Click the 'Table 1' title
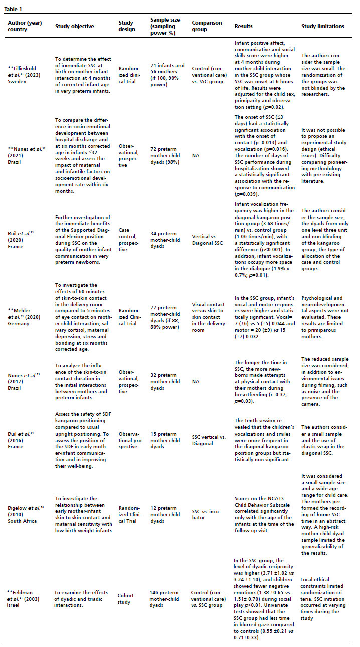tap(14, 9)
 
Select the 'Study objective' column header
tap(74, 26)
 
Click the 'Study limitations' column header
tap(323, 26)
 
